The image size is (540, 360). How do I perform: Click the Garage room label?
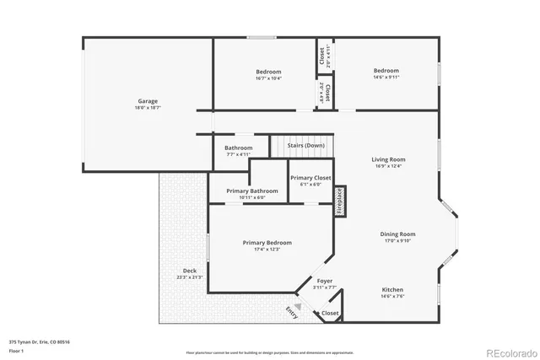pyautogui.click(x=148, y=101)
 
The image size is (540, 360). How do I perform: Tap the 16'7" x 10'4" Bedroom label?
pyautogui.click(x=268, y=72)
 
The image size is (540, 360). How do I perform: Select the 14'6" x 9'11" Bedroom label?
pyautogui.click(x=386, y=71)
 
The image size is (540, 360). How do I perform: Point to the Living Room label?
pyautogui.click(x=388, y=159)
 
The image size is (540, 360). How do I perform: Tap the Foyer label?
pyautogui.click(x=325, y=281)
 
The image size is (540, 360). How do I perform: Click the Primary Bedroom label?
pyautogui.click(x=267, y=243)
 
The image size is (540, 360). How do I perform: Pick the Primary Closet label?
pyautogui.click(x=310, y=178)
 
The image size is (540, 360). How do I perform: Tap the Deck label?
pyautogui.click(x=178, y=271)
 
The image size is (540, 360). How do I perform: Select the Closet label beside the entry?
pyautogui.click(x=330, y=313)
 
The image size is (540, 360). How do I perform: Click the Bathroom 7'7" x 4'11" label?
pyautogui.click(x=238, y=148)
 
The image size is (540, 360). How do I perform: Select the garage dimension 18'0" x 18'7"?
pyautogui.click(x=148, y=108)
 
